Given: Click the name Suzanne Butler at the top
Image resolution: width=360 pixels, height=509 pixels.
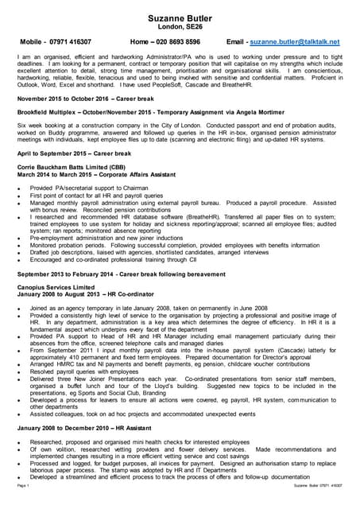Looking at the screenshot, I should [180, 16].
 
